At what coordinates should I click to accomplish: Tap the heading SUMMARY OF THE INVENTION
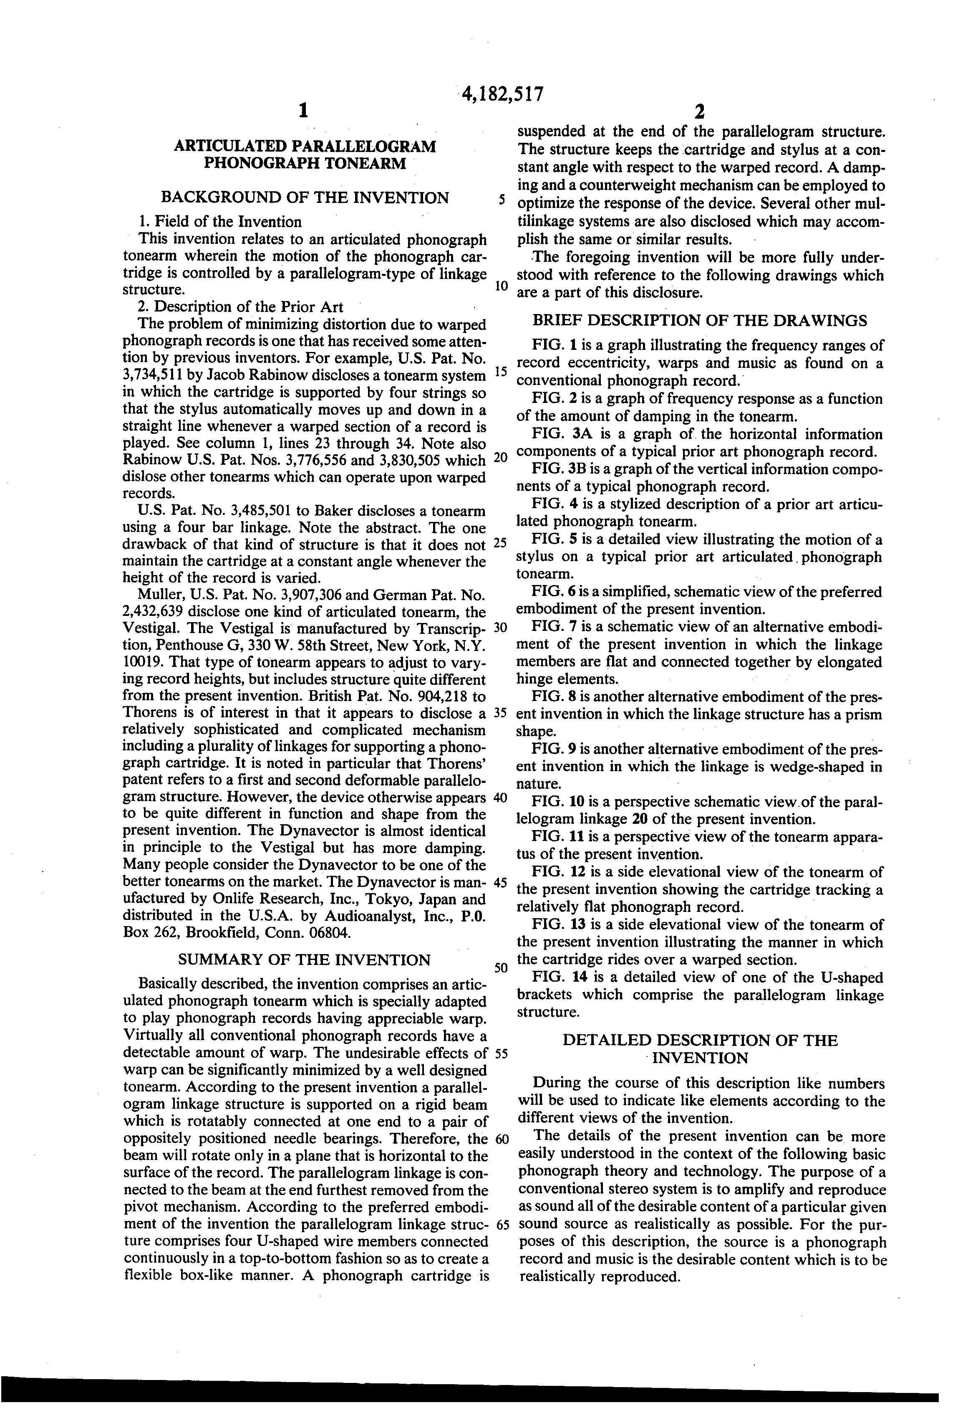pyautogui.click(x=304, y=960)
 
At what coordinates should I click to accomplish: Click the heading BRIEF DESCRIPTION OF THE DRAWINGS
pyautogui.click(x=699, y=320)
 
